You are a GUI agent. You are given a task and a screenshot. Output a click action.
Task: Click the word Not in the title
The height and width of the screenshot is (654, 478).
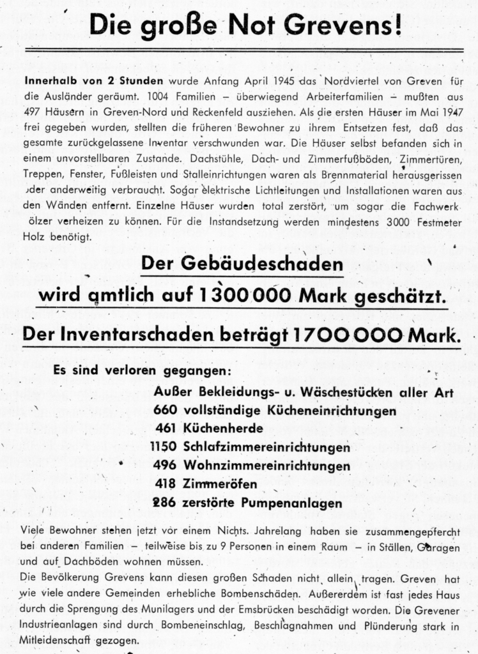[251, 25]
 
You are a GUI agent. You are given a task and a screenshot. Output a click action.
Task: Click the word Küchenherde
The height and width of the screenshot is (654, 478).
[223, 429]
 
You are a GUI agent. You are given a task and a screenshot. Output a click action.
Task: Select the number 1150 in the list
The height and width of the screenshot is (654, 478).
[164, 447]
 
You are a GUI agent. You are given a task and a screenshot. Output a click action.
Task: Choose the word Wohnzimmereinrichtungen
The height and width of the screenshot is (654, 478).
[266, 466]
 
